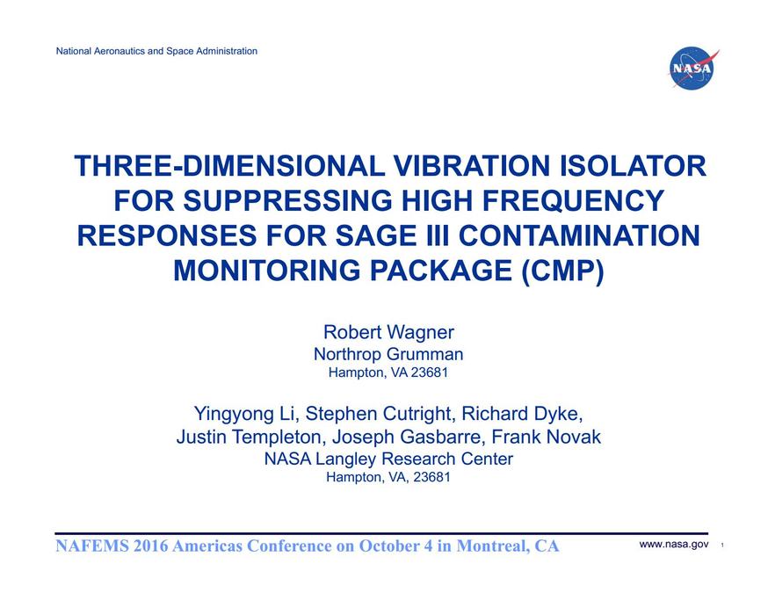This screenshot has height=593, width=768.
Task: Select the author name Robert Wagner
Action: click(388, 332)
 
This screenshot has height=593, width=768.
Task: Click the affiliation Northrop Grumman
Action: click(388, 354)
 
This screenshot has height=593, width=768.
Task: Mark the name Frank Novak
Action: click(552, 437)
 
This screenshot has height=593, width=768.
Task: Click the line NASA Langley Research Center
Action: click(388, 459)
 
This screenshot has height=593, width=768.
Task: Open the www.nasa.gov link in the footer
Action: click(674, 545)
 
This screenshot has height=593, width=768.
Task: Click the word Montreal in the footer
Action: click(484, 546)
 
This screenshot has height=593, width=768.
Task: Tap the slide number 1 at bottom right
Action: click(721, 546)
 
